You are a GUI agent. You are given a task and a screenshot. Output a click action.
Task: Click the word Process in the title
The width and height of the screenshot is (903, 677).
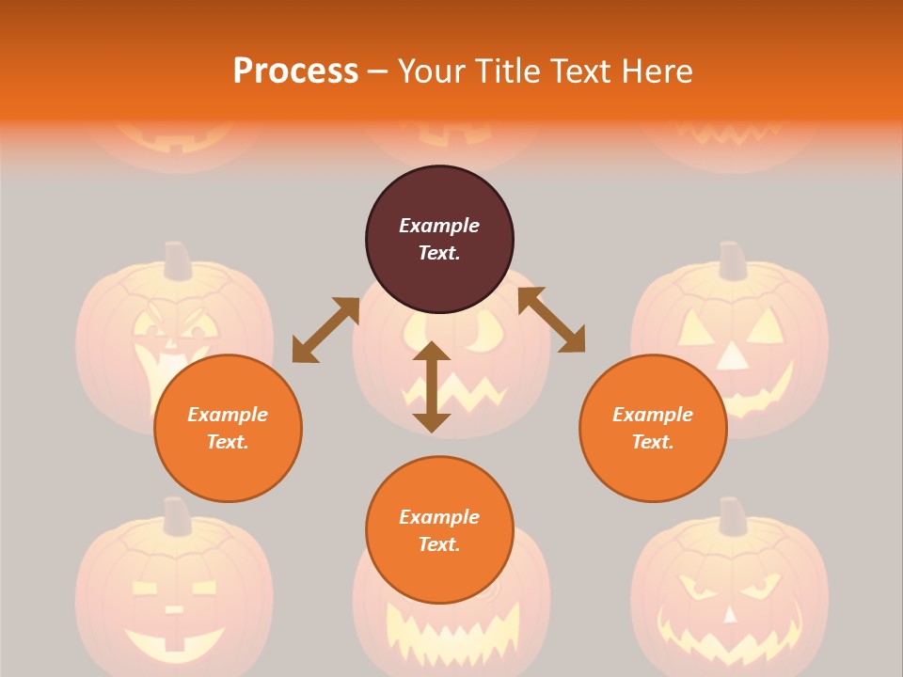pos(295,71)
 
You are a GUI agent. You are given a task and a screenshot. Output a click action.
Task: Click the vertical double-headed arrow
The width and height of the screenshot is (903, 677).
pos(432,386)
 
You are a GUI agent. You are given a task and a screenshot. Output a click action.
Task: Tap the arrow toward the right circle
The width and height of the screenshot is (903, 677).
pos(551,320)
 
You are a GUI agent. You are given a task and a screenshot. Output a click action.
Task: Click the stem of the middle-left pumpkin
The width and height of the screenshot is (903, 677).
pos(175,260)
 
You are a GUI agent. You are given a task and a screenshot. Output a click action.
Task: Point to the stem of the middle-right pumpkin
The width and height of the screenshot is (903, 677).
pos(732,260)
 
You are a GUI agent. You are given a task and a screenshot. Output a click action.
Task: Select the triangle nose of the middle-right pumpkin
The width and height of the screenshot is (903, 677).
pos(731,354)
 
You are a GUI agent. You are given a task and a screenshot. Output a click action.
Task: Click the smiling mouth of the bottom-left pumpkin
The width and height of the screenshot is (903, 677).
pos(174,644)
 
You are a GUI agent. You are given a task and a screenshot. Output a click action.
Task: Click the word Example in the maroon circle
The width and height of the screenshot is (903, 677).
pos(439,226)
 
